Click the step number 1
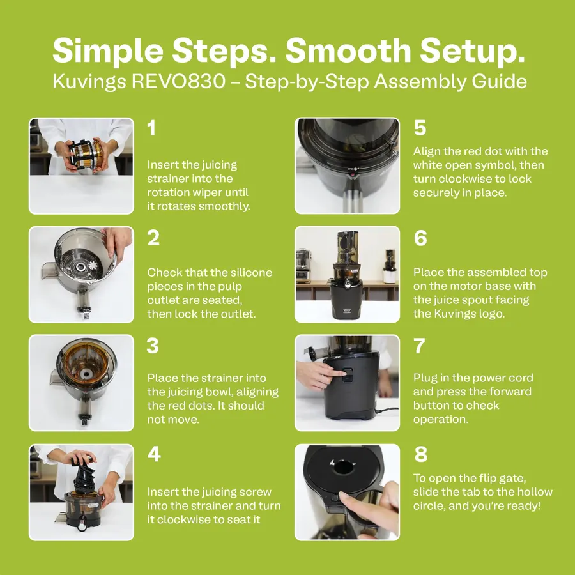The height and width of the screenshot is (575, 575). tap(151, 128)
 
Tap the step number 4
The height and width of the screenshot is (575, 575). tap(154, 454)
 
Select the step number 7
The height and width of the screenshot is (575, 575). tap(419, 346)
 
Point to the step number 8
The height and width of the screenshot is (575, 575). tap(421, 454)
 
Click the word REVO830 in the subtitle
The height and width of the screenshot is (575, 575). tap(179, 81)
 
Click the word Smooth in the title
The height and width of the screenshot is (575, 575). tap(348, 50)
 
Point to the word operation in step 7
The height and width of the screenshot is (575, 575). tap(440, 420)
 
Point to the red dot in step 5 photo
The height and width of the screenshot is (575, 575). tap(353, 175)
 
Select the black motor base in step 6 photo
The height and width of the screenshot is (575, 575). tap(347, 300)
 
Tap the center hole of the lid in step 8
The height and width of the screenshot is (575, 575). tap(343, 467)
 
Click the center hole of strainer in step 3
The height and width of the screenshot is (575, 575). tap(86, 374)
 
